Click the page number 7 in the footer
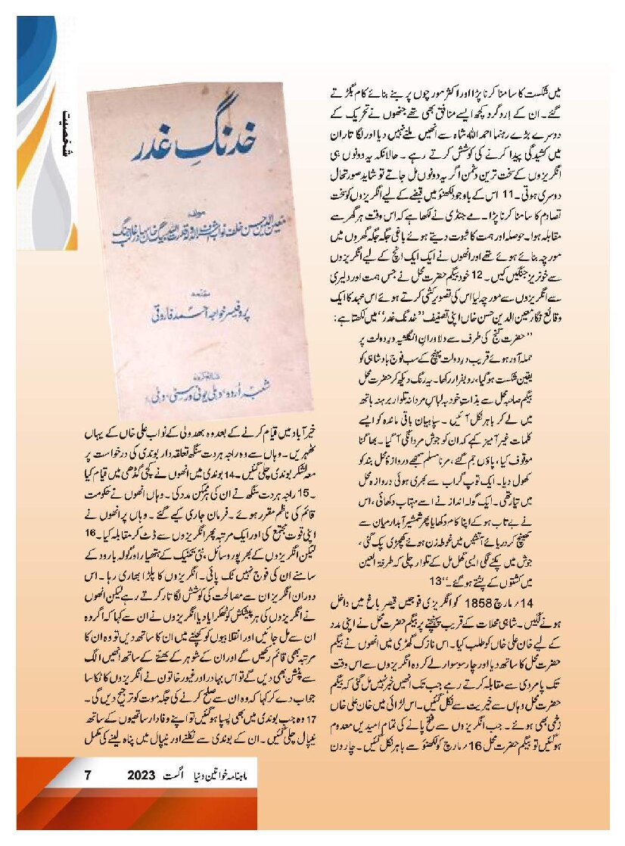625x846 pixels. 87,775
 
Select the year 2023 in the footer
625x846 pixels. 141,775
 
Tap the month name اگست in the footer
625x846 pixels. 180,775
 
